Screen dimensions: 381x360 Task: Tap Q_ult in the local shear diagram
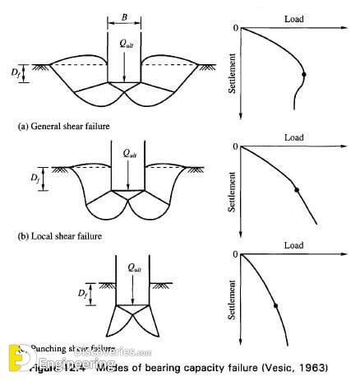point(129,154)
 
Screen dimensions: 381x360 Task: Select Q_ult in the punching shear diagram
point(129,267)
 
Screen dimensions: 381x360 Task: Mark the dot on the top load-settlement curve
point(303,75)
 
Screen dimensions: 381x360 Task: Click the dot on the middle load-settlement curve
point(296,190)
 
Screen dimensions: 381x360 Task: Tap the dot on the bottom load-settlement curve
point(275,306)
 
